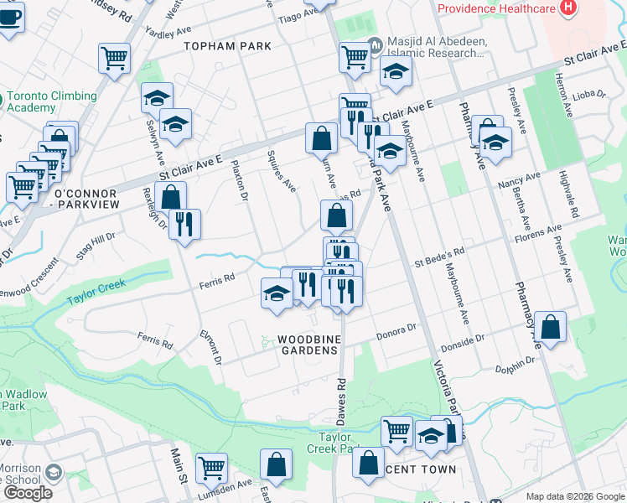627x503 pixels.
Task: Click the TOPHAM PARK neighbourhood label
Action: pos(227,46)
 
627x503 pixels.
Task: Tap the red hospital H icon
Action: pos(569,8)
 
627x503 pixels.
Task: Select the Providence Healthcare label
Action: pos(496,8)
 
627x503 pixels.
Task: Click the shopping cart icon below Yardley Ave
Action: pos(115,58)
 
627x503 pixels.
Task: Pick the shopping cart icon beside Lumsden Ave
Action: pos(211,467)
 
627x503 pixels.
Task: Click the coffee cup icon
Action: pos(9,15)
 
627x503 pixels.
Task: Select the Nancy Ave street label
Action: pos(519,180)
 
